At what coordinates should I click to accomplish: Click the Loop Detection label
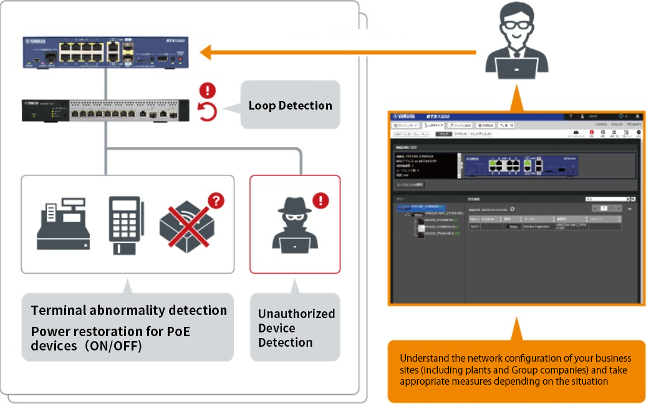290,105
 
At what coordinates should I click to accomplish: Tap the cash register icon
62,225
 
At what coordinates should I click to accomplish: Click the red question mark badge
216,201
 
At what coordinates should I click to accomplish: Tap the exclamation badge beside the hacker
321,200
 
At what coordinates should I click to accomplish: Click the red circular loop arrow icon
207,113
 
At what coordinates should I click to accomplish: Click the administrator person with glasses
516,34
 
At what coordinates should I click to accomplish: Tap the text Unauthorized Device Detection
296,328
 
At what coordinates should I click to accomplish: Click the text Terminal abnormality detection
129,310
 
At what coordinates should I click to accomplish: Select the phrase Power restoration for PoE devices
110,339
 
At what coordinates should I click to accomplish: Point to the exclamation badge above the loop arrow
207,91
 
